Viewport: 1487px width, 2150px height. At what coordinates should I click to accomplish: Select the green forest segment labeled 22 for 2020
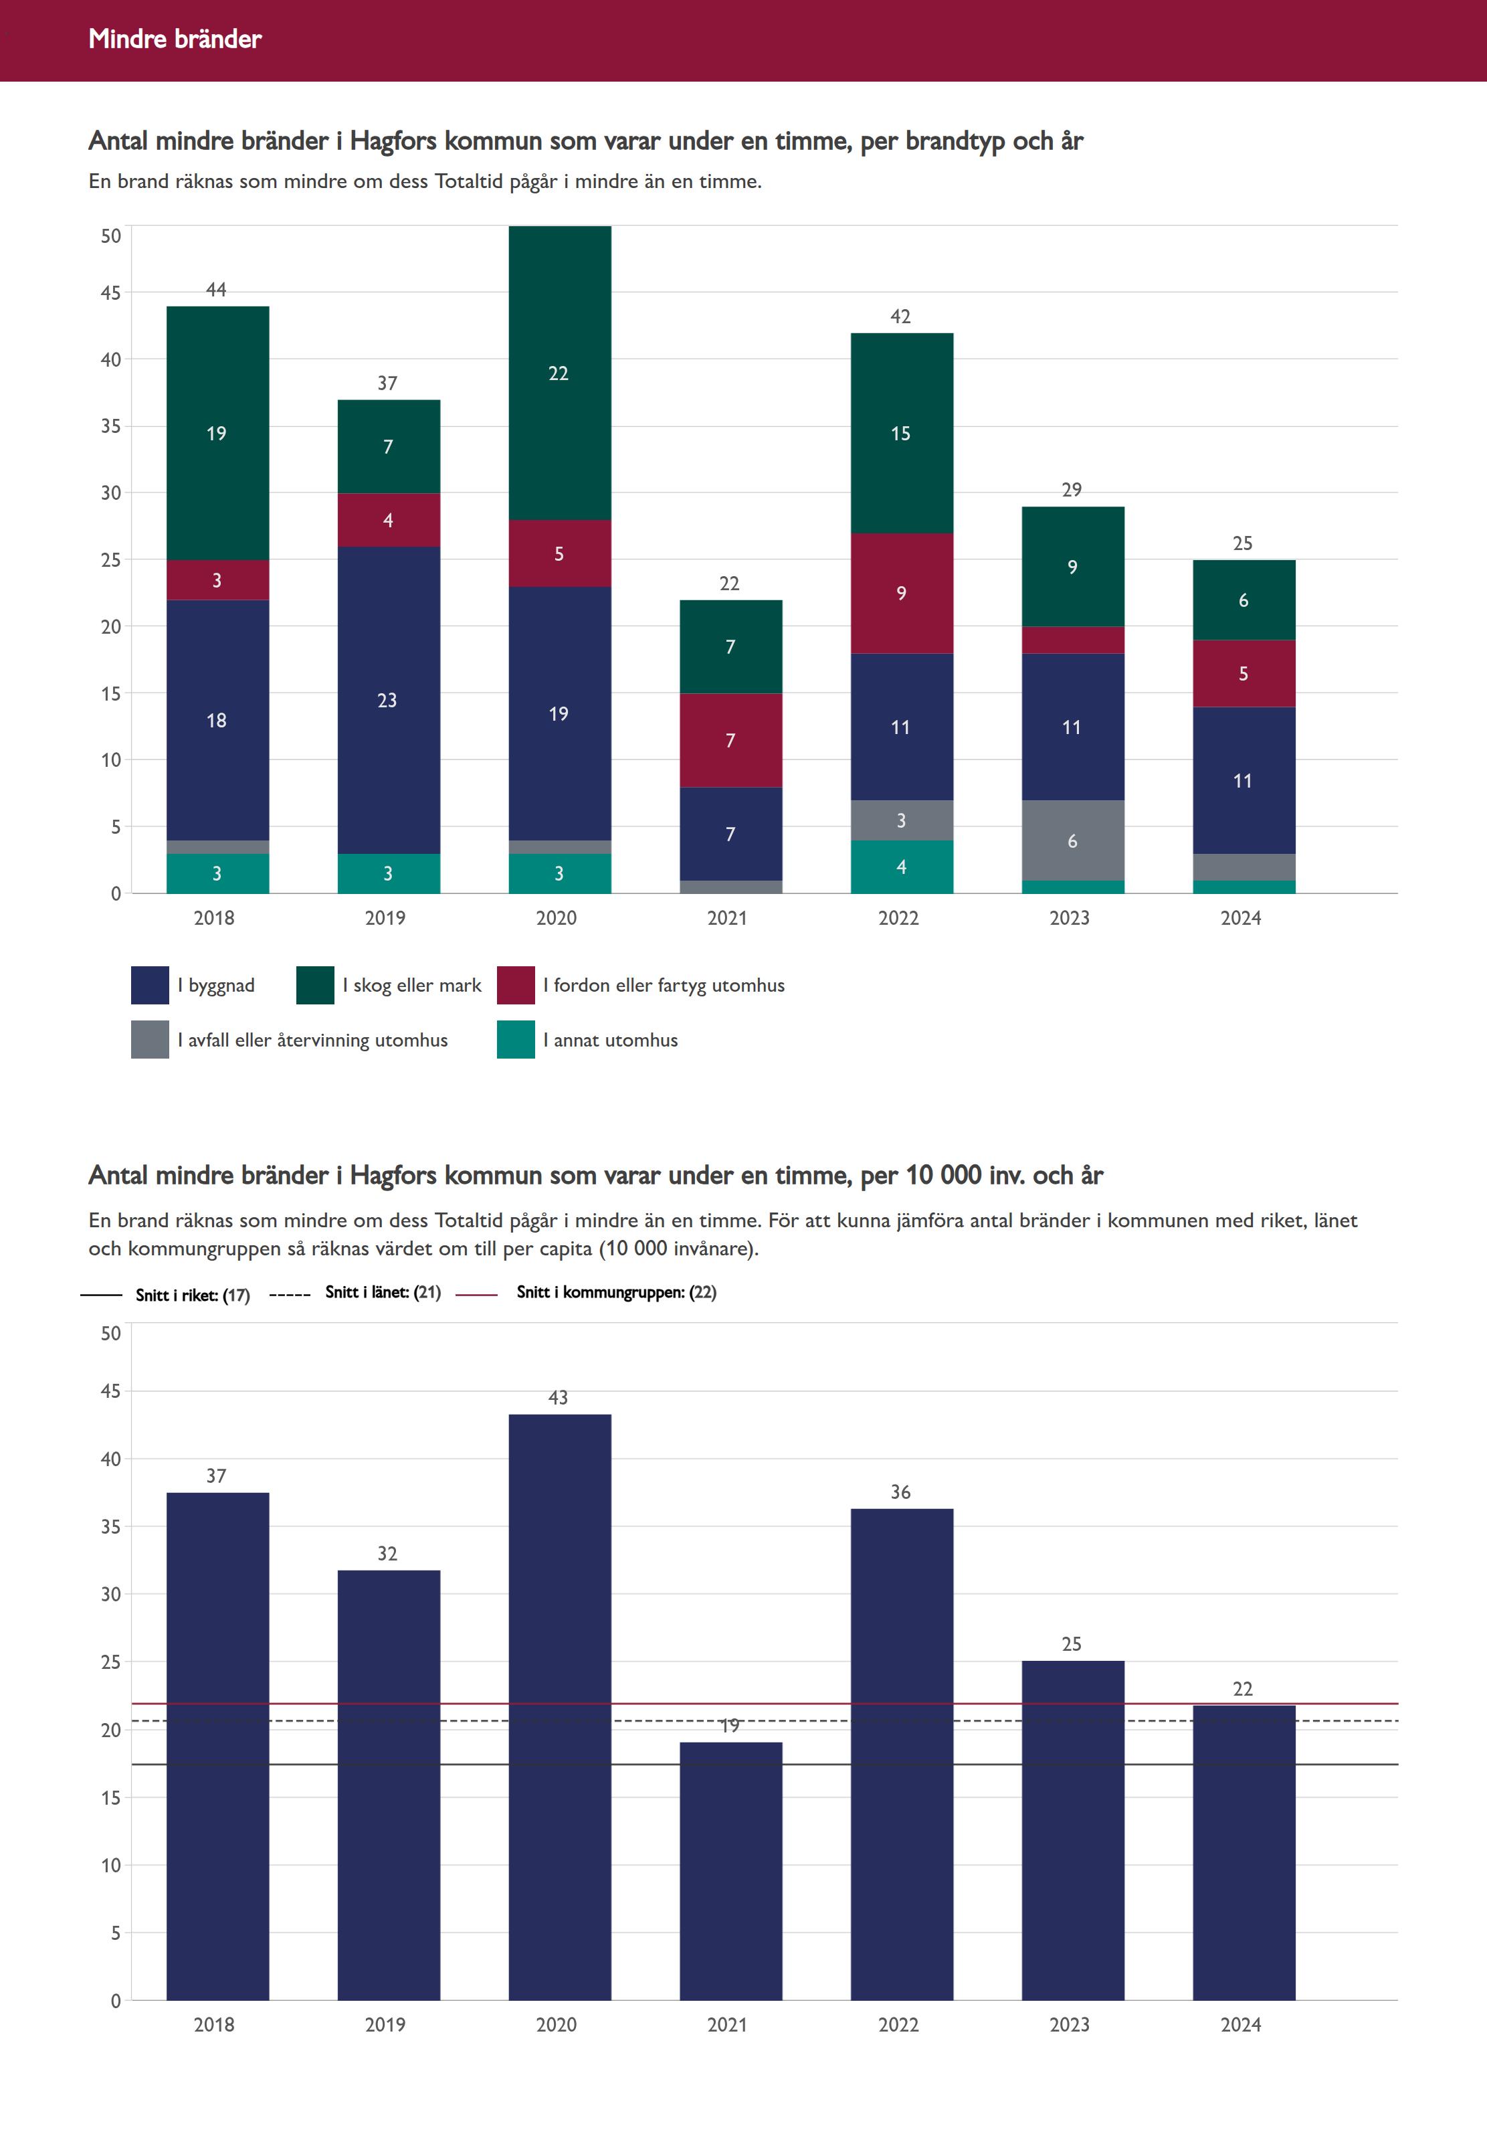pos(559,373)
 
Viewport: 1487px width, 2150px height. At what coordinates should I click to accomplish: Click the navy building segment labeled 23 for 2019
pos(387,700)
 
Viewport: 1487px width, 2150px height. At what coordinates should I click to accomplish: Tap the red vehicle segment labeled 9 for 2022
pos(901,593)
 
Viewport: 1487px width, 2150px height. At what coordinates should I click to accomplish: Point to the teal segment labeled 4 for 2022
pos(901,867)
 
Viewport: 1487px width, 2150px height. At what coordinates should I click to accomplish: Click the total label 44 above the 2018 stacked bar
pos(216,290)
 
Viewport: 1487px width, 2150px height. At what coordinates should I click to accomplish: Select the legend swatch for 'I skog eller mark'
pos(315,985)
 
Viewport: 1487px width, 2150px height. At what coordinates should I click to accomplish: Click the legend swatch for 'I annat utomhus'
pos(515,1039)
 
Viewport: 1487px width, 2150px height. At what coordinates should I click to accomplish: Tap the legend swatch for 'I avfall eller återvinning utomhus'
pos(149,1039)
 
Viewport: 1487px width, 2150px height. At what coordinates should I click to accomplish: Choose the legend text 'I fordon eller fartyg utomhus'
pos(664,985)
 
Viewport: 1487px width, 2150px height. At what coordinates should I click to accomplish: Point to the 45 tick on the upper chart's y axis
pos(111,292)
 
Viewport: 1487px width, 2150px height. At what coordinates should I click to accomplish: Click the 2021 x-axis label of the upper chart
pos(728,918)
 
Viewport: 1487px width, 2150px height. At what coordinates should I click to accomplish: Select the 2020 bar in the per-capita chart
pos(559,1706)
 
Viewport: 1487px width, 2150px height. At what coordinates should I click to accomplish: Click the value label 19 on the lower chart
pos(730,1726)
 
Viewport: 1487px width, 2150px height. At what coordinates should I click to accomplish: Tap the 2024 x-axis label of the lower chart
pos(1241,2024)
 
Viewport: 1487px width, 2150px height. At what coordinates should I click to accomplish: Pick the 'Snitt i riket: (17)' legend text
pos(193,1294)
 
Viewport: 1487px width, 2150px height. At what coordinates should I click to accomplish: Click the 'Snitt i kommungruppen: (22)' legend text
pos(616,1291)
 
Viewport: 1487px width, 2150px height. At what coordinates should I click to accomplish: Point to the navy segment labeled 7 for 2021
pos(730,833)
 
